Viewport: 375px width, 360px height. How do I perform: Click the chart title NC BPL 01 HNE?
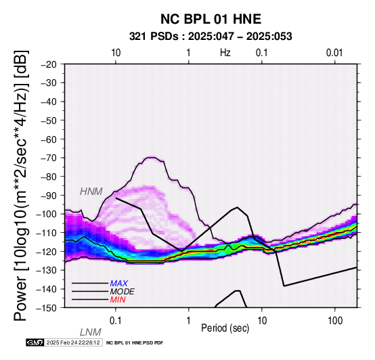pyautogui.click(x=211, y=19)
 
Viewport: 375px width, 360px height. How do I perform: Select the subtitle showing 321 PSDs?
pyautogui.click(x=211, y=37)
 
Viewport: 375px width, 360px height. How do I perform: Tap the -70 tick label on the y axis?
pyautogui.click(x=49, y=158)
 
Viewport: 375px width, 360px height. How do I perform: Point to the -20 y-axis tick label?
pyautogui.click(x=49, y=64)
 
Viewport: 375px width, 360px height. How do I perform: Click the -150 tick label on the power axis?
pyautogui.click(x=47, y=308)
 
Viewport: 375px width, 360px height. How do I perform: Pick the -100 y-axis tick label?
pyautogui.click(x=47, y=214)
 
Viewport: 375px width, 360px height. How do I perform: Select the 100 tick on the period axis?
pyautogui.click(x=335, y=321)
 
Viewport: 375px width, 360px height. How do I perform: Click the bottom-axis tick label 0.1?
pyautogui.click(x=116, y=321)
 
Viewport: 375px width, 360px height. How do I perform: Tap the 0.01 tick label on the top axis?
pyautogui.click(x=334, y=53)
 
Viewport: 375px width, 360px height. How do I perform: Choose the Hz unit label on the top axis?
pyautogui.click(x=225, y=53)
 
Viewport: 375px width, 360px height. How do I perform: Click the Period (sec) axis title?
pyautogui.click(x=225, y=328)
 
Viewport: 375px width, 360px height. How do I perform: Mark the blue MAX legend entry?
pyautogui.click(x=119, y=284)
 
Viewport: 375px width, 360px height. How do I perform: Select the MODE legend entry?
pyautogui.click(x=123, y=292)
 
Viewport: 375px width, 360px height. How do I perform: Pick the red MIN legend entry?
pyautogui.click(x=118, y=300)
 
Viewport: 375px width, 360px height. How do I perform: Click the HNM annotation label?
pyautogui.click(x=91, y=192)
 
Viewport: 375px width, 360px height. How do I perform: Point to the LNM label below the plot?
pyautogui.click(x=91, y=332)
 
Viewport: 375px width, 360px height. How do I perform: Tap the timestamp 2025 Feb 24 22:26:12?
pyautogui.click(x=73, y=342)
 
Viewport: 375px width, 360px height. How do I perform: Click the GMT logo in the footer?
pyautogui.click(x=35, y=342)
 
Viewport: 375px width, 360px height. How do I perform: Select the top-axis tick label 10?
pyautogui.click(x=116, y=53)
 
